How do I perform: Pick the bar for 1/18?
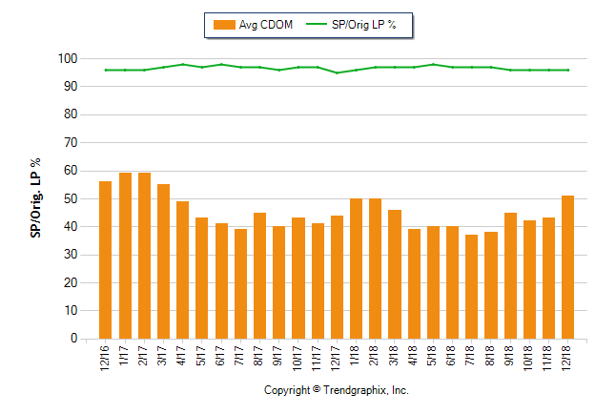point(356,268)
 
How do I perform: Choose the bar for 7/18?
point(471,286)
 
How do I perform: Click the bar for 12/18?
point(567,267)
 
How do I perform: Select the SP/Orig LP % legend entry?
point(358,25)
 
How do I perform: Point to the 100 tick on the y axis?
point(67,59)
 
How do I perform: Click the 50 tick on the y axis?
point(70,198)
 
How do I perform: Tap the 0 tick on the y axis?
point(72,339)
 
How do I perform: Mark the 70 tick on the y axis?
point(70,143)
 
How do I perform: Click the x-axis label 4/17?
point(183,355)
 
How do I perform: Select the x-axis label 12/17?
point(337,357)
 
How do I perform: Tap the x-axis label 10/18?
point(529,357)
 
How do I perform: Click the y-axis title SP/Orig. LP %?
point(35,198)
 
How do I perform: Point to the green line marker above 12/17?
point(337,72)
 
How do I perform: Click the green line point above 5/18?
point(433,64)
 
